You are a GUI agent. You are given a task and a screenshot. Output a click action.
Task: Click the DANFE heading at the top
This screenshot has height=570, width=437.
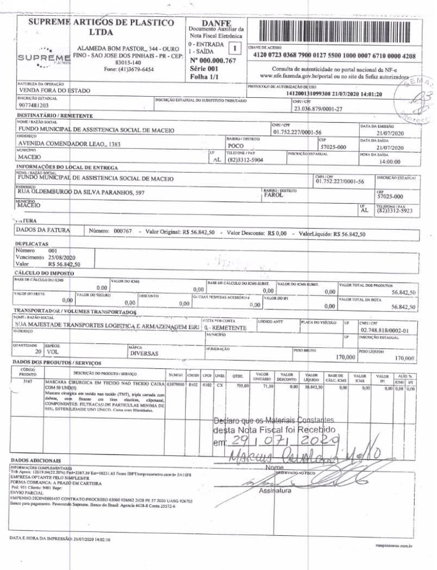tap(216, 22)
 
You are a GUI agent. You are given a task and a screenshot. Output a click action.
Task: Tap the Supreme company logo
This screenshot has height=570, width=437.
tap(43, 58)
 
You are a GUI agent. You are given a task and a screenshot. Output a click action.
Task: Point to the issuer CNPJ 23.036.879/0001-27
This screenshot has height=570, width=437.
tap(318, 109)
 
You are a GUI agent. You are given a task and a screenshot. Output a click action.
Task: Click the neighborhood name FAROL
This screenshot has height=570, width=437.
tap(273, 195)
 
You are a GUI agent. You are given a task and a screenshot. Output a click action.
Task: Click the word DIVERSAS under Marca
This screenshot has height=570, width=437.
tap(144, 353)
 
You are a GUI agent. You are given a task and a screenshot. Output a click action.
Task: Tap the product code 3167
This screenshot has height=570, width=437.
tap(28, 382)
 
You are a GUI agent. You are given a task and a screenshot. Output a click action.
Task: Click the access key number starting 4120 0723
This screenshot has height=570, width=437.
tap(334, 56)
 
